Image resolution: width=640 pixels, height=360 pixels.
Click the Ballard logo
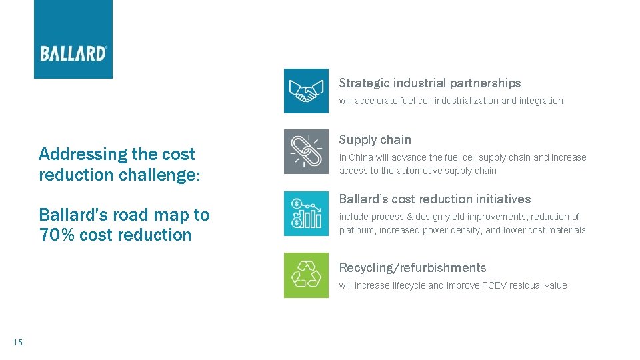73,52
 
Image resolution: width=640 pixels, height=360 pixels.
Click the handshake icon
306,91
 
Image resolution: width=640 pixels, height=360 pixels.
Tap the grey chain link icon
306,151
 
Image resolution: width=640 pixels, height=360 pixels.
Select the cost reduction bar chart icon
306,213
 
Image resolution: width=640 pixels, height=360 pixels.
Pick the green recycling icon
306,275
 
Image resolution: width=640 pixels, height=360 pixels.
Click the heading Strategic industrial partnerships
429,83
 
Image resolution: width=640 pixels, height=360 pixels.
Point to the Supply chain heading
375,140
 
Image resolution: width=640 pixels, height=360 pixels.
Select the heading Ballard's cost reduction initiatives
435,199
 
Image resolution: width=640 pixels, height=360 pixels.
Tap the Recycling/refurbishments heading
412,268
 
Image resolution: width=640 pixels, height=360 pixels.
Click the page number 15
17,343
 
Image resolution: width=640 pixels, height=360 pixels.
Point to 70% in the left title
57,235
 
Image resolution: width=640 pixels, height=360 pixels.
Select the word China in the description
363,158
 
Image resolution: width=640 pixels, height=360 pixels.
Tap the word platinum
357,231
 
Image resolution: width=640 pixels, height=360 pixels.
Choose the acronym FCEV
496,286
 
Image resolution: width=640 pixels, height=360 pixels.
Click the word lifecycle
409,286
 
